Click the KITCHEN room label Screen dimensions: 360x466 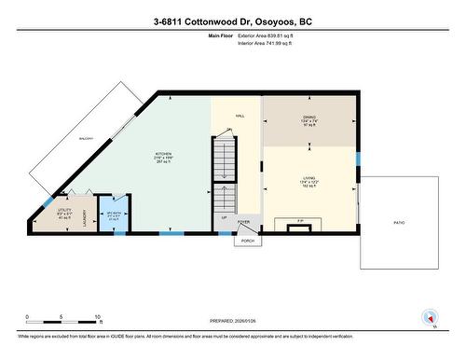coord(164,154)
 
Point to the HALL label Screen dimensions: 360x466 coord(240,115)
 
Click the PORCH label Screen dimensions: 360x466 coord(248,240)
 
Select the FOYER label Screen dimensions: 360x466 coord(243,222)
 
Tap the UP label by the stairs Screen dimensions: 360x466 coord(223,217)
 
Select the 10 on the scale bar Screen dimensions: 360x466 coord(97,315)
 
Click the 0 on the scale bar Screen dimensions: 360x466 coord(27,315)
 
